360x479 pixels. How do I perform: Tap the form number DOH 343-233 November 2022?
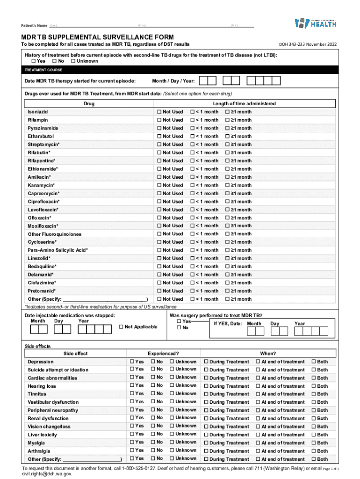click(308, 44)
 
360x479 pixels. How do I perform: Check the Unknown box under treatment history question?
click(73, 61)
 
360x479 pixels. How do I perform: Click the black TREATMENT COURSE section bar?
click(180, 70)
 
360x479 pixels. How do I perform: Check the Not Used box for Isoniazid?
click(159, 112)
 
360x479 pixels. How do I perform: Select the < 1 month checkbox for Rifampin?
click(192, 120)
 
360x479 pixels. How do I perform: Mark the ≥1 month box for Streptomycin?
click(228, 145)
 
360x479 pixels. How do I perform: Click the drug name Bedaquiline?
click(42, 267)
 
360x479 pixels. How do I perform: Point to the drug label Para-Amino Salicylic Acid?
click(57, 250)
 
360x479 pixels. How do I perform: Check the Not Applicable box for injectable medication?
click(122, 327)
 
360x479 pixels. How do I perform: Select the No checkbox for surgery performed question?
click(179, 328)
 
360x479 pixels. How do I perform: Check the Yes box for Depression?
click(131, 362)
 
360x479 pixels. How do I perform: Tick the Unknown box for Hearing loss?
click(172, 386)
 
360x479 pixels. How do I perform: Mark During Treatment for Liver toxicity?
click(206, 435)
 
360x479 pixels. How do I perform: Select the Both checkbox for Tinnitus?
click(314, 394)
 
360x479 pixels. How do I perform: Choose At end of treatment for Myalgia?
click(258, 443)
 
